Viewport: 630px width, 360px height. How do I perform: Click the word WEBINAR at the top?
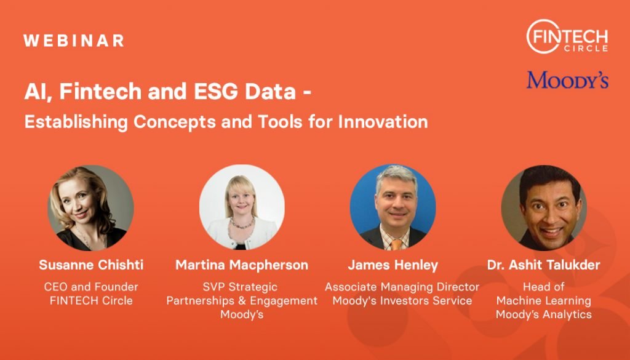coord(74,41)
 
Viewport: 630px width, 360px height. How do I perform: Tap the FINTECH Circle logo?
coord(567,36)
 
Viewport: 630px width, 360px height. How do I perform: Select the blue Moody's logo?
coord(567,80)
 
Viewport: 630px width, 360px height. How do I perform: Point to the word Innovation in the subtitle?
coord(383,121)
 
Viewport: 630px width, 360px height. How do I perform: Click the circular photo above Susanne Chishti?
coord(91,208)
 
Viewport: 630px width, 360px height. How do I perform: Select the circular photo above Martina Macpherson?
coord(242,207)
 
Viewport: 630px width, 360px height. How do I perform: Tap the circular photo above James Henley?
coord(393,207)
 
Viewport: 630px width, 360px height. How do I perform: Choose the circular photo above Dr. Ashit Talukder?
coord(544,208)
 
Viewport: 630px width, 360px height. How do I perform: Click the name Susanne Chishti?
coord(91,265)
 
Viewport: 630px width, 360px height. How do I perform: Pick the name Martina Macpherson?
coord(242,265)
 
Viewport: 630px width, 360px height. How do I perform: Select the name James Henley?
coord(393,265)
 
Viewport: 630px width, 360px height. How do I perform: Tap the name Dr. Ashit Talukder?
coord(544,265)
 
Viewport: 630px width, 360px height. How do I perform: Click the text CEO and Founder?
coord(91,287)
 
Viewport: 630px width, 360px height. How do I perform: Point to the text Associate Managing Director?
coord(402,287)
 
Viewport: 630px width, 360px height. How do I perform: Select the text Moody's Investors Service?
coord(402,300)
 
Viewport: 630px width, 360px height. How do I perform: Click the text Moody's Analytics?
coord(544,314)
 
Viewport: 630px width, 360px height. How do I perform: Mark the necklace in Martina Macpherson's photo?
coord(241,223)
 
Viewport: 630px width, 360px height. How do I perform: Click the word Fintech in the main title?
coord(100,91)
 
